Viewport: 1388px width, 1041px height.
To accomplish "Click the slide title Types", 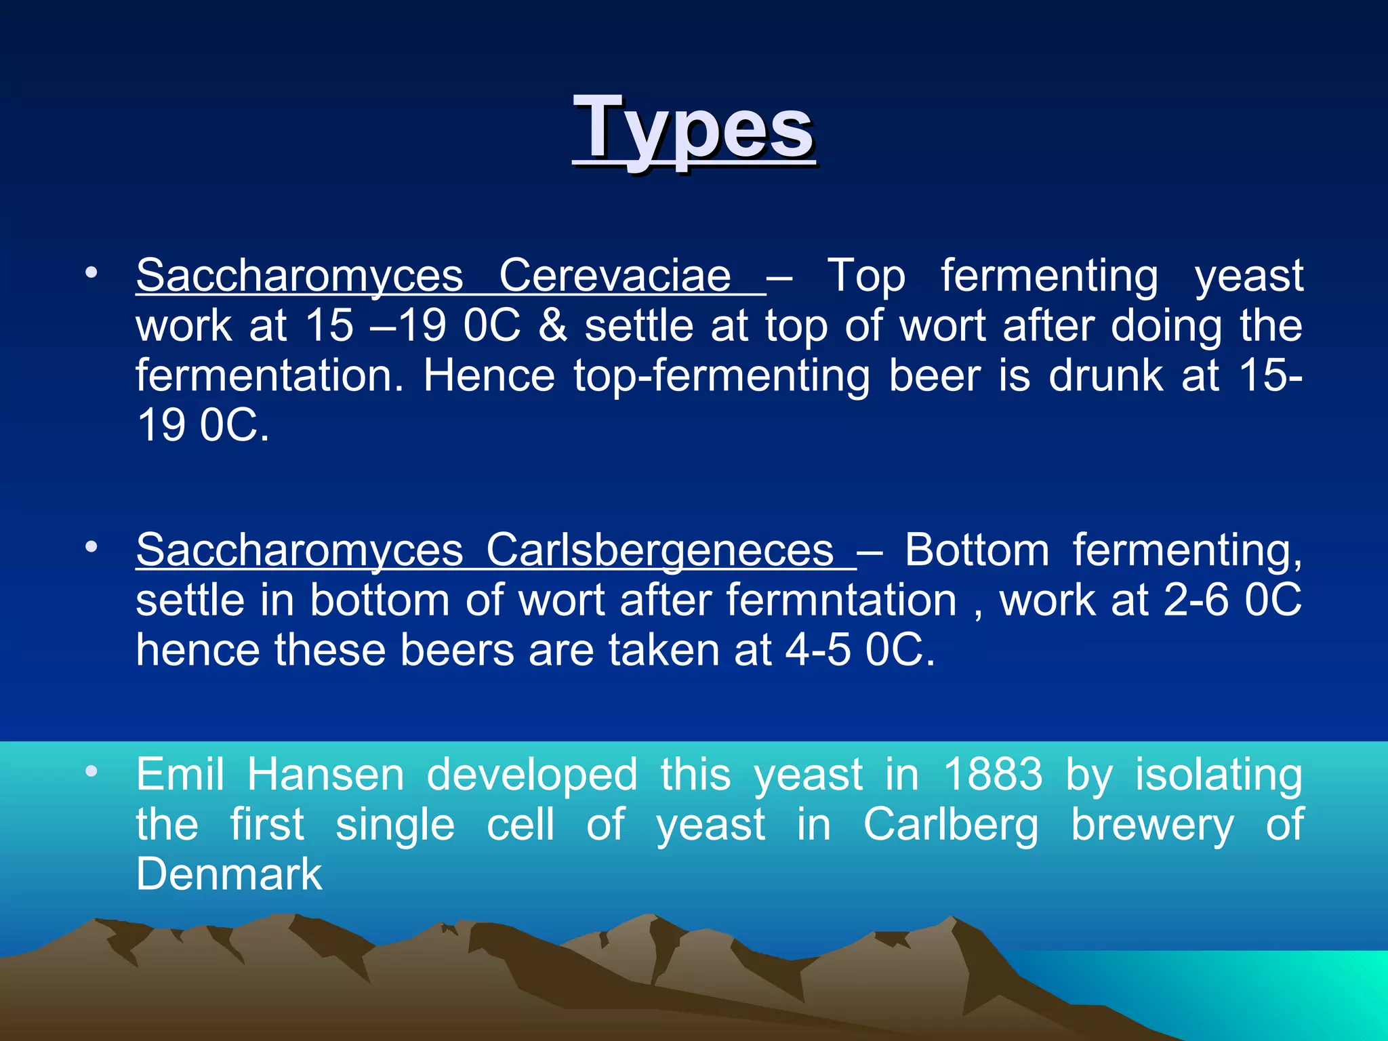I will [693, 129].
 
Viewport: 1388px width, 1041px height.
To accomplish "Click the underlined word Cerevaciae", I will [615, 275].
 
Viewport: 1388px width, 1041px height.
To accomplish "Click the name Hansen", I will [325, 774].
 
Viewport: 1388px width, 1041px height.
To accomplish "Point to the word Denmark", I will [228, 874].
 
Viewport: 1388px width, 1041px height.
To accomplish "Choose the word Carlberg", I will [950, 825].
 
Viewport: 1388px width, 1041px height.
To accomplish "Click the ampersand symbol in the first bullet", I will [552, 326].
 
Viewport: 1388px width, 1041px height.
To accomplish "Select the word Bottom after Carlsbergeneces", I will [977, 550].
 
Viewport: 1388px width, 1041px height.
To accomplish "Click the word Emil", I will [180, 774].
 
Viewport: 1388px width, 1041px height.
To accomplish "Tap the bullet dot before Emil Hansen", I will [91, 771].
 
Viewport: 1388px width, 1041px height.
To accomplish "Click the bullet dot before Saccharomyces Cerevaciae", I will [91, 273].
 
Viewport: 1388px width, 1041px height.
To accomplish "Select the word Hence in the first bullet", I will [489, 376].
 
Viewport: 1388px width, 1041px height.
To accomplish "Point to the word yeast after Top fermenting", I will [1248, 277].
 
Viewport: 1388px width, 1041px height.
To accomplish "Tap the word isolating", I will [1219, 774].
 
